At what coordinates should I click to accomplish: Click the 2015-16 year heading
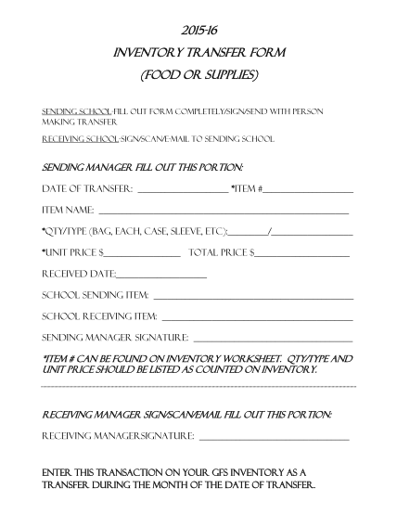[198, 32]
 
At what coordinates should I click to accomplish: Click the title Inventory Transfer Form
[198, 52]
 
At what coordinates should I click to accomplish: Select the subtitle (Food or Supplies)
[198, 73]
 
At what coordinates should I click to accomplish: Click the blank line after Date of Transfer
[182, 191]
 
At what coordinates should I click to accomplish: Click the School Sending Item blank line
[252, 298]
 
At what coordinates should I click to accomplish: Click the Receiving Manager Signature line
[275, 437]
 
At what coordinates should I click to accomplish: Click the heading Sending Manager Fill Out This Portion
[144, 167]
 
